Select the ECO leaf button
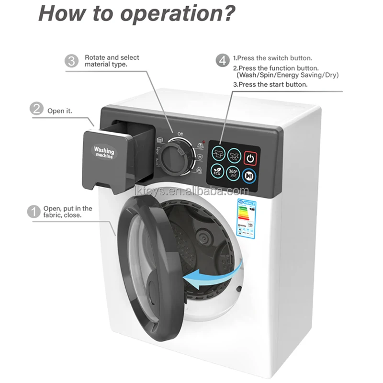[218, 170]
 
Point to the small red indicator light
[204, 142]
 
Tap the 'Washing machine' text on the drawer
[104, 152]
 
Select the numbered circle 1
[34, 212]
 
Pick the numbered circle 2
[36, 110]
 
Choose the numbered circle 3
[72, 61]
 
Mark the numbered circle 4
[222, 61]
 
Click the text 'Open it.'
[59, 111]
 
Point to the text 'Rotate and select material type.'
[112, 61]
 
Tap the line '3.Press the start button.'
[270, 84]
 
